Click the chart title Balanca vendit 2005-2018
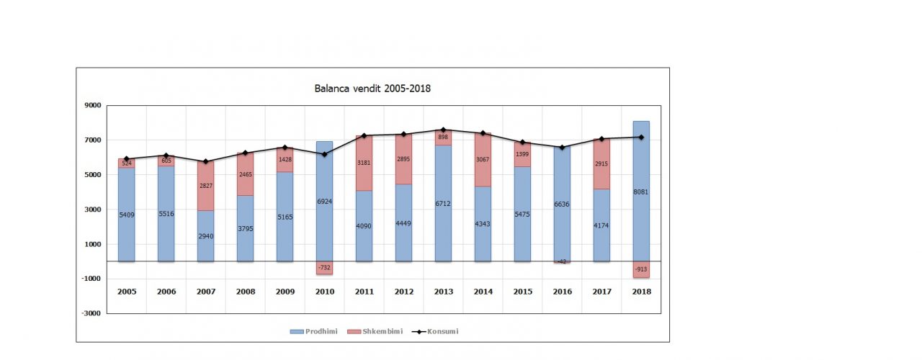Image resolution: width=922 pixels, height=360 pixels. click(372, 89)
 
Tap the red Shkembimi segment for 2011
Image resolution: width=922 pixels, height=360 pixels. click(364, 163)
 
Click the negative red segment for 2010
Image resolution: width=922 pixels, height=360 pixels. click(324, 268)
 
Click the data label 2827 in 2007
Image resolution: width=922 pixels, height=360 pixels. click(206, 186)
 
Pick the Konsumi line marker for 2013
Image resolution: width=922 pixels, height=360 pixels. click(443, 130)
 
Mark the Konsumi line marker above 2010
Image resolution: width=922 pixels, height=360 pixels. click(324, 154)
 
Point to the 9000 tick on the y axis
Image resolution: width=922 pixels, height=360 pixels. click(93, 105)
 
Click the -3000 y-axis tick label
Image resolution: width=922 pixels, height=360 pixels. click(91, 313)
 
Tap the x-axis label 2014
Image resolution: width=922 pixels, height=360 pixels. click(483, 292)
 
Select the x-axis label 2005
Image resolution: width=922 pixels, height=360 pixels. click(127, 292)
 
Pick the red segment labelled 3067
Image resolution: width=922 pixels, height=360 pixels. click(483, 160)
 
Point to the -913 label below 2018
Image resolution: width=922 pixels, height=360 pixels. click(641, 269)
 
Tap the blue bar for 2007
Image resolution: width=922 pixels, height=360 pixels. click(206, 235)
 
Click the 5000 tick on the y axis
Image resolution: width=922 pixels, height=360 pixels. click(93, 175)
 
